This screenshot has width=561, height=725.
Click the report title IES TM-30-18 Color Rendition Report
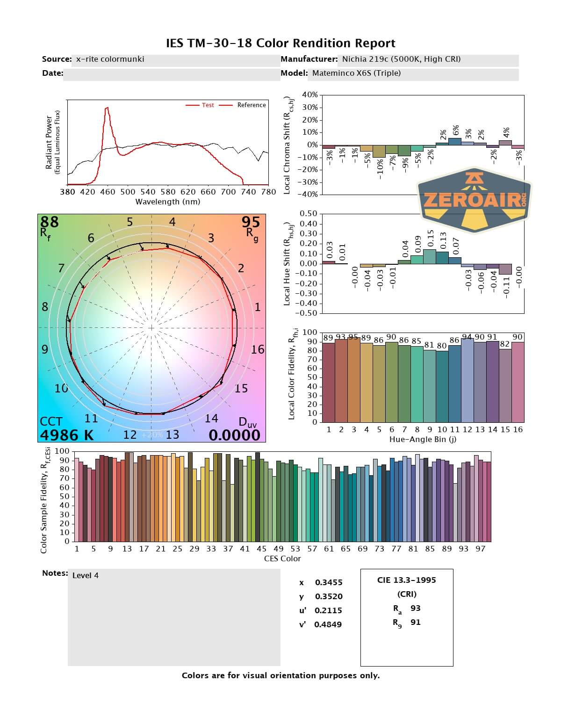point(280,43)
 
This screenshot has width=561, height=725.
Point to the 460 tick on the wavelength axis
point(108,191)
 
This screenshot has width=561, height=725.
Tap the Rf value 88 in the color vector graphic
point(50,222)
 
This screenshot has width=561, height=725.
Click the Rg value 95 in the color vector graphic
point(251,222)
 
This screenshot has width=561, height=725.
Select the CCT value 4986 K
point(66,435)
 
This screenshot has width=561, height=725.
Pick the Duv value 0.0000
point(234,435)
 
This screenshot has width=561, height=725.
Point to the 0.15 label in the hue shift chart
point(430,237)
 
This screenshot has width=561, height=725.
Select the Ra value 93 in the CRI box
point(415,608)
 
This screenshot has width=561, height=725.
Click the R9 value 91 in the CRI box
point(415,622)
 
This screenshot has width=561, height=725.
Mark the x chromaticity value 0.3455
point(329,582)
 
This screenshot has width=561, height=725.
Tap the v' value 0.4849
point(328,624)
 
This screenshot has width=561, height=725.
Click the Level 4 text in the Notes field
point(86,575)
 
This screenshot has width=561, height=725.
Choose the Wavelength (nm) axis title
point(167,202)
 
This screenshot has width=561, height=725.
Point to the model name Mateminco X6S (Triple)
point(356,73)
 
